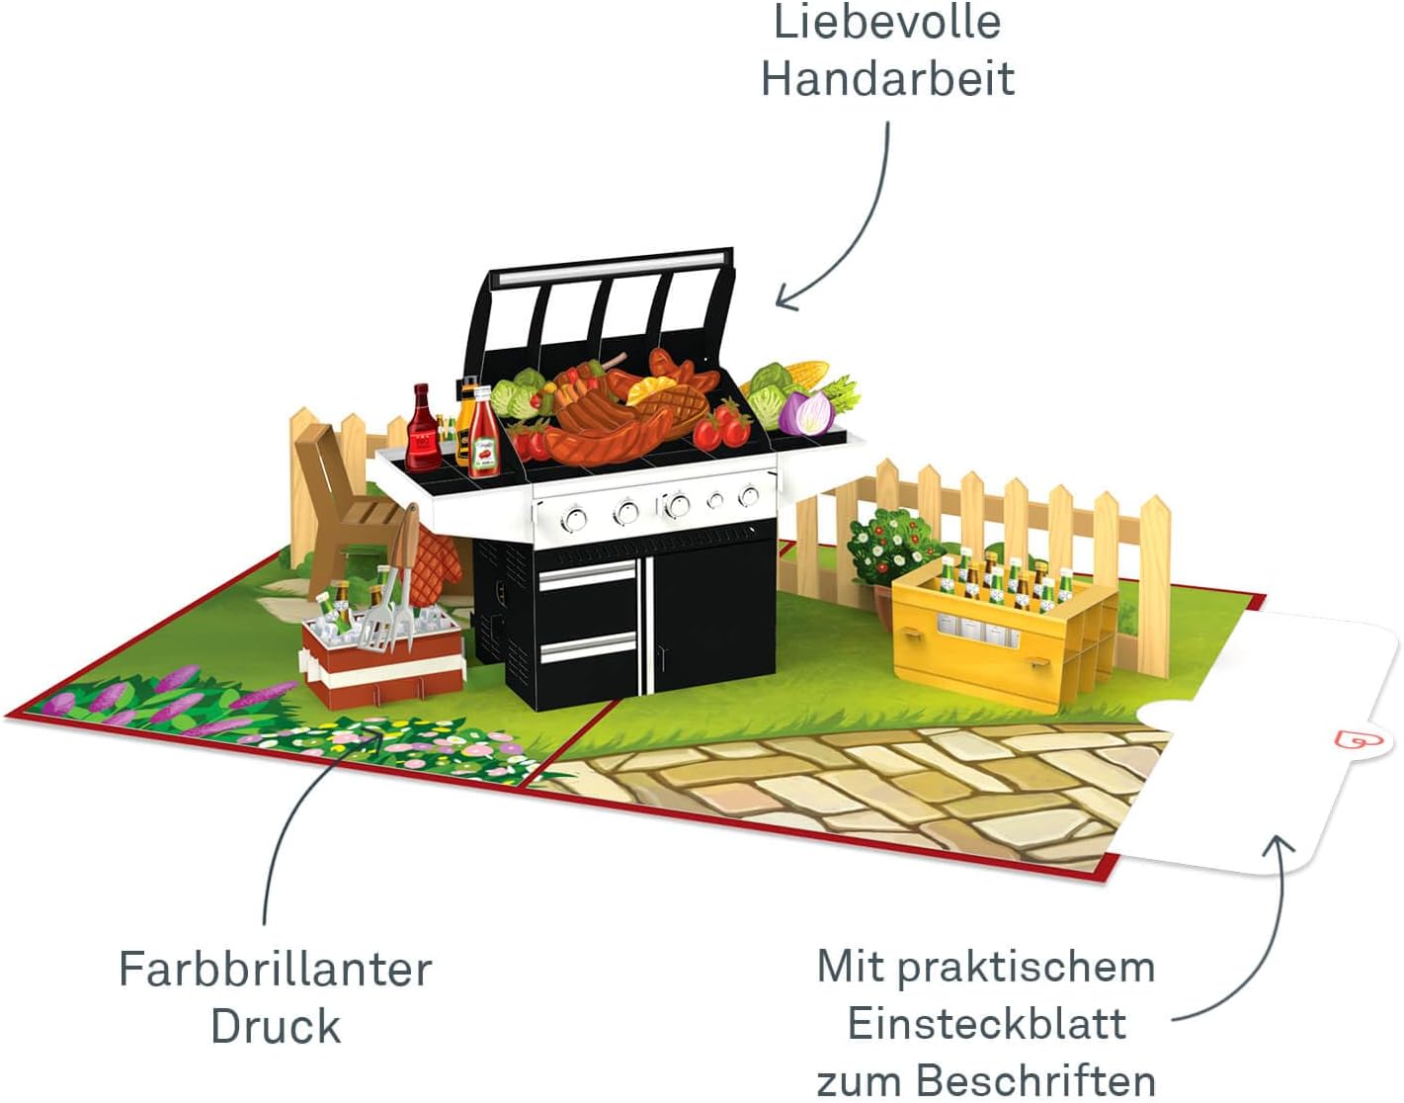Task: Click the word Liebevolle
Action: pyautogui.click(x=886, y=23)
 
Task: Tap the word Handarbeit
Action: pyautogui.click(x=886, y=79)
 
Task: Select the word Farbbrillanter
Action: pyautogui.click(x=275, y=970)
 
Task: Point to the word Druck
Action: pyautogui.click(x=275, y=1027)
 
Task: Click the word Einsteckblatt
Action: pyautogui.click(x=986, y=1024)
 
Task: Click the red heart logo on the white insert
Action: pyautogui.click(x=1348, y=740)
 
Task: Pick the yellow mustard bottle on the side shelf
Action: pyautogui.click(x=464, y=420)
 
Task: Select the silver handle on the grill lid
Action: pyautogui.click(x=613, y=270)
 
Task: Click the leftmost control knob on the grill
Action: pyautogui.click(x=573, y=517)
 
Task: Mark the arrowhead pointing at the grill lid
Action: pyautogui.click(x=784, y=297)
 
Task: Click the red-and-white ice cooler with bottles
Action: pyautogui.click(x=382, y=647)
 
